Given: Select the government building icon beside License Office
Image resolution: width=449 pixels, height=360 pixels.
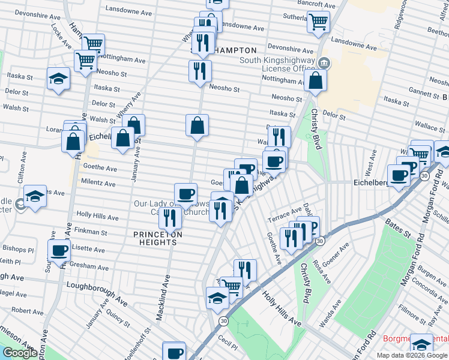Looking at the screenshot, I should point(324,62).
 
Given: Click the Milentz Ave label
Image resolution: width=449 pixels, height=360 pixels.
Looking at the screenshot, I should point(97,184).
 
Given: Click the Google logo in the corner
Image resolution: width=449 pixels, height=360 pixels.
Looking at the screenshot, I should point(20,353).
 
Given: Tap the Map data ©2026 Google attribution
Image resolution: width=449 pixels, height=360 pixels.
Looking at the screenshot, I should point(412,355).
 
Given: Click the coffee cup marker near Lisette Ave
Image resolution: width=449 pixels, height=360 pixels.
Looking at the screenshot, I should point(59,250).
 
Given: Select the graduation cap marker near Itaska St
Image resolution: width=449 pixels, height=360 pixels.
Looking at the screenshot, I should point(58,79).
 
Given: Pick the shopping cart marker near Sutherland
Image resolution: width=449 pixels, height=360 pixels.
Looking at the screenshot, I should point(318,22).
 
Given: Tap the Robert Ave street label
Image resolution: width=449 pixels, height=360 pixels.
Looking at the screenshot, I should point(27,311).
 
